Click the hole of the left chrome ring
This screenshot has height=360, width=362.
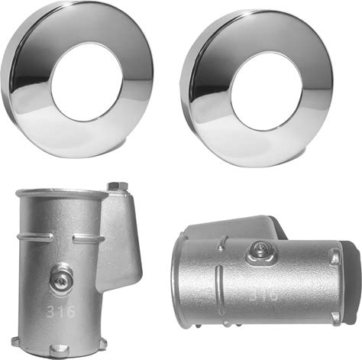tap(87, 82)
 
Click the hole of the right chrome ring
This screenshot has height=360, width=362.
tap(266, 91)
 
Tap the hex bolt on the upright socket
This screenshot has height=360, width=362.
tap(118, 186)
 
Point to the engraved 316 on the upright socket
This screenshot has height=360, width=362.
tap(61, 311)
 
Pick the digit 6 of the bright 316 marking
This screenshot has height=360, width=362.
tap(71, 311)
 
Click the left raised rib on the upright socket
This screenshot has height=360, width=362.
tap(35, 237)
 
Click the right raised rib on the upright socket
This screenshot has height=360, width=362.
tap(89, 238)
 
